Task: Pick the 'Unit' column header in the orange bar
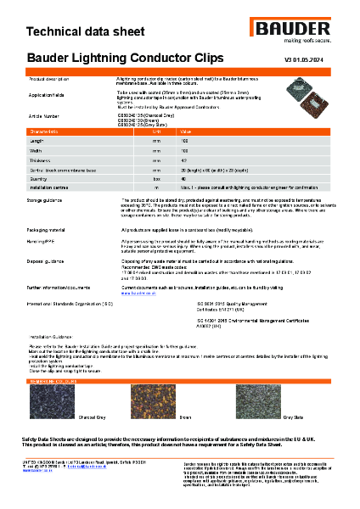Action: click(156, 132)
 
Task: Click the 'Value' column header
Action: click(185, 132)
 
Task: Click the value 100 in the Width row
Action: click(184, 150)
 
